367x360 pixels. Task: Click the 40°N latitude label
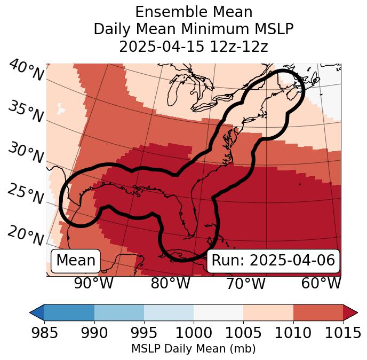tap(26, 71)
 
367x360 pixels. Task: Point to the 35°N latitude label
tap(26, 112)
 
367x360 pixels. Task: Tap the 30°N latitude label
tap(26, 153)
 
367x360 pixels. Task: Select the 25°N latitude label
tap(26, 194)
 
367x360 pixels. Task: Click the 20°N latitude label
tap(26, 236)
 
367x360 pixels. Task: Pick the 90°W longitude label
tap(94, 283)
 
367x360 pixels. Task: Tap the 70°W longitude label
tap(245, 283)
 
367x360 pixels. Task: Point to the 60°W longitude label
tap(321, 283)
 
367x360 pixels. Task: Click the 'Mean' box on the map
tap(76, 261)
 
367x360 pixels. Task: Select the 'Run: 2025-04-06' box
tap(273, 261)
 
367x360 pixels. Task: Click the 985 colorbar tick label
tap(44, 333)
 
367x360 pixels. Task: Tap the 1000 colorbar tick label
tap(194, 333)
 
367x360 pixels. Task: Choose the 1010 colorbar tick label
tap(293, 333)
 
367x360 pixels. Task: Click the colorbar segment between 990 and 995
tap(119, 312)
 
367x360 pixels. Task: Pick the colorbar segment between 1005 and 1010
tap(268, 312)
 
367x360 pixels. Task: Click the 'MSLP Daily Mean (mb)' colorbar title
tap(194, 349)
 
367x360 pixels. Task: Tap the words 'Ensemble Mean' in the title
tap(194, 12)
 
